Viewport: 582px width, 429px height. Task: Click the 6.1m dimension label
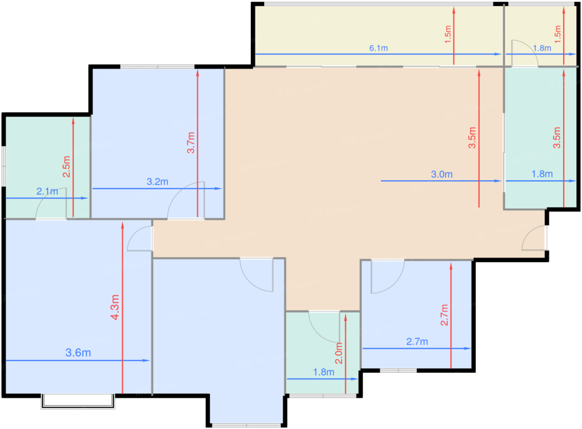(x=379, y=48)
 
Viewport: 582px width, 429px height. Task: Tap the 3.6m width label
(x=78, y=353)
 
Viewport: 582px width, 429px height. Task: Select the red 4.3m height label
(x=115, y=307)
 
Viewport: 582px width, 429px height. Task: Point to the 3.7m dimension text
(x=191, y=142)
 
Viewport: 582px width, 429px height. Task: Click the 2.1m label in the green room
(x=47, y=191)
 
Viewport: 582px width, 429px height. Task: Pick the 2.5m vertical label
(x=67, y=167)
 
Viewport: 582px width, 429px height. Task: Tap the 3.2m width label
(x=158, y=182)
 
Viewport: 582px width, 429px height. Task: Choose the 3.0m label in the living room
(x=441, y=174)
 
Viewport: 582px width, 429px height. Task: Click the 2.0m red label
(x=339, y=353)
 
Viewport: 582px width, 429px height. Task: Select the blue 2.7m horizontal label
(x=417, y=342)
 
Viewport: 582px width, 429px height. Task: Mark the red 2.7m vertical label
(x=444, y=315)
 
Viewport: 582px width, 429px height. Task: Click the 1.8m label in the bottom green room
(x=323, y=372)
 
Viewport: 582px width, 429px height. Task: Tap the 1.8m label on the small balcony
(x=542, y=48)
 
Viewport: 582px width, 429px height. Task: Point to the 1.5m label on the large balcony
(x=448, y=34)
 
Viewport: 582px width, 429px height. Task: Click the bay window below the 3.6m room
(x=78, y=401)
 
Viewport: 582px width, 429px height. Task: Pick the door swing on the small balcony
(x=530, y=47)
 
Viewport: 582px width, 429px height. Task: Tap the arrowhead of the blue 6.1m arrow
(x=498, y=54)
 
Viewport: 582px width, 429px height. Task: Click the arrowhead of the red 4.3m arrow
(x=123, y=225)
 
